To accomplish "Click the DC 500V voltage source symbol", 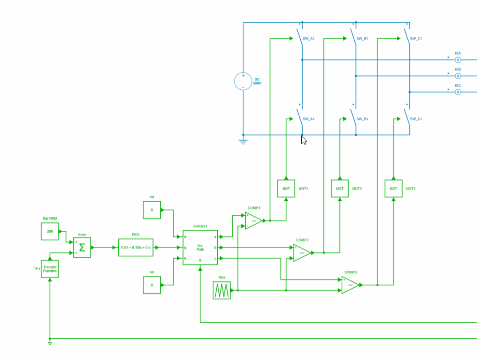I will click(x=243, y=81).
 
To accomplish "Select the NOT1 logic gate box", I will click(x=286, y=188).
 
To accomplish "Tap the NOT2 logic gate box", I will click(x=340, y=188).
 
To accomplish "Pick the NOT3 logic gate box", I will click(x=393, y=188).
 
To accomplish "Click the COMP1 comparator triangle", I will click(x=253, y=221).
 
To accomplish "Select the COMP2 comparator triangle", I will click(x=302, y=252).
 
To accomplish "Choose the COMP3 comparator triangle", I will click(x=350, y=285).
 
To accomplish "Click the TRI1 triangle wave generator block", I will click(x=222, y=290).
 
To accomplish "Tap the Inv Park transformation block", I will click(x=200, y=248).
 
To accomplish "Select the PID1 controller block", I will click(x=136, y=248).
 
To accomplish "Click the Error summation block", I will click(x=82, y=248).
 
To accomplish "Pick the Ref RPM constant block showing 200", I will click(x=50, y=231).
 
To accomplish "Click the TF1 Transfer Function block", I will click(x=50, y=269).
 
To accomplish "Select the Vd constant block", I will click(x=152, y=210).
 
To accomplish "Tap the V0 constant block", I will click(x=152, y=285).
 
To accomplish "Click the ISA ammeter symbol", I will click(x=458, y=59).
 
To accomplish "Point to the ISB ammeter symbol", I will click(x=458, y=76).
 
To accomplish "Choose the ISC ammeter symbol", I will click(x=458, y=92).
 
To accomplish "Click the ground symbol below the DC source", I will click(x=243, y=141).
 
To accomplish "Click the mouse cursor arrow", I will click(x=304, y=140).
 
